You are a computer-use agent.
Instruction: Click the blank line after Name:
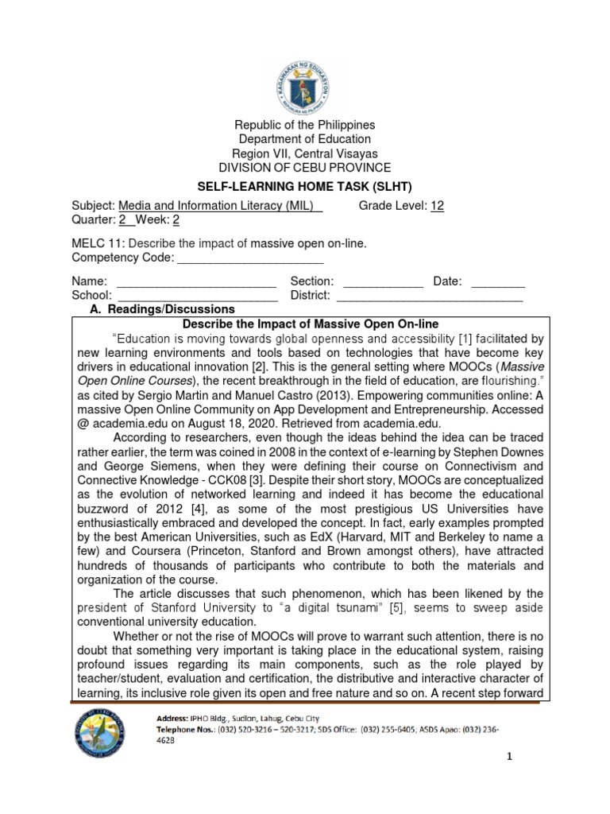click(x=196, y=282)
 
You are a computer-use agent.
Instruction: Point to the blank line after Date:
click(x=498, y=282)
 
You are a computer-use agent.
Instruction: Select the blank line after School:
click(x=198, y=296)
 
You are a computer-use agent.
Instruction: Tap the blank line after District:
click(x=430, y=296)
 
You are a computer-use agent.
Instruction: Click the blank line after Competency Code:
click(x=249, y=258)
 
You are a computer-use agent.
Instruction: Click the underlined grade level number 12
click(x=437, y=206)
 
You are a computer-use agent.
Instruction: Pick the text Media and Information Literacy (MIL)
click(x=219, y=206)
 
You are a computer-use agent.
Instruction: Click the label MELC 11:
click(x=98, y=244)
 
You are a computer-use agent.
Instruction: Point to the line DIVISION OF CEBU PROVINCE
click(x=305, y=168)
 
